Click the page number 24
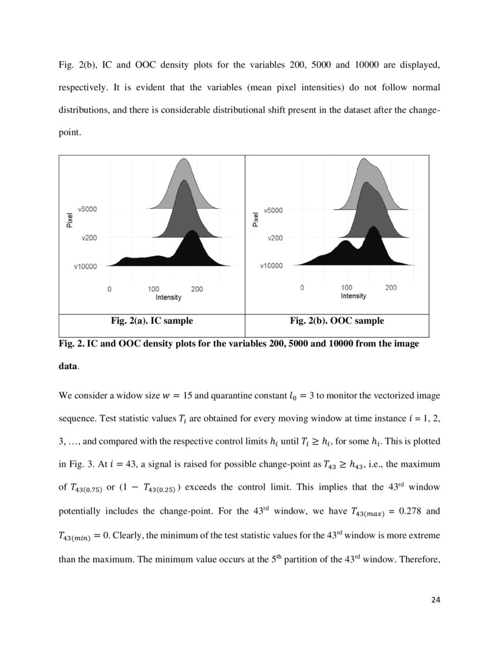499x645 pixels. point(434,599)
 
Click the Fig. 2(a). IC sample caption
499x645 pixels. point(151,321)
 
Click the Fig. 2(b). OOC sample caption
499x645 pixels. point(337,321)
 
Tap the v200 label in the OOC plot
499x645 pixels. point(275,238)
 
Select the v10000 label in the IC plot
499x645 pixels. point(86,266)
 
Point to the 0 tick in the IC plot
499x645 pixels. point(110,289)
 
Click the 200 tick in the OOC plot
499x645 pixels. point(391,288)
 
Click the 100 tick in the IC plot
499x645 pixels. point(153,289)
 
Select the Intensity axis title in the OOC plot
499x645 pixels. point(353,296)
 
